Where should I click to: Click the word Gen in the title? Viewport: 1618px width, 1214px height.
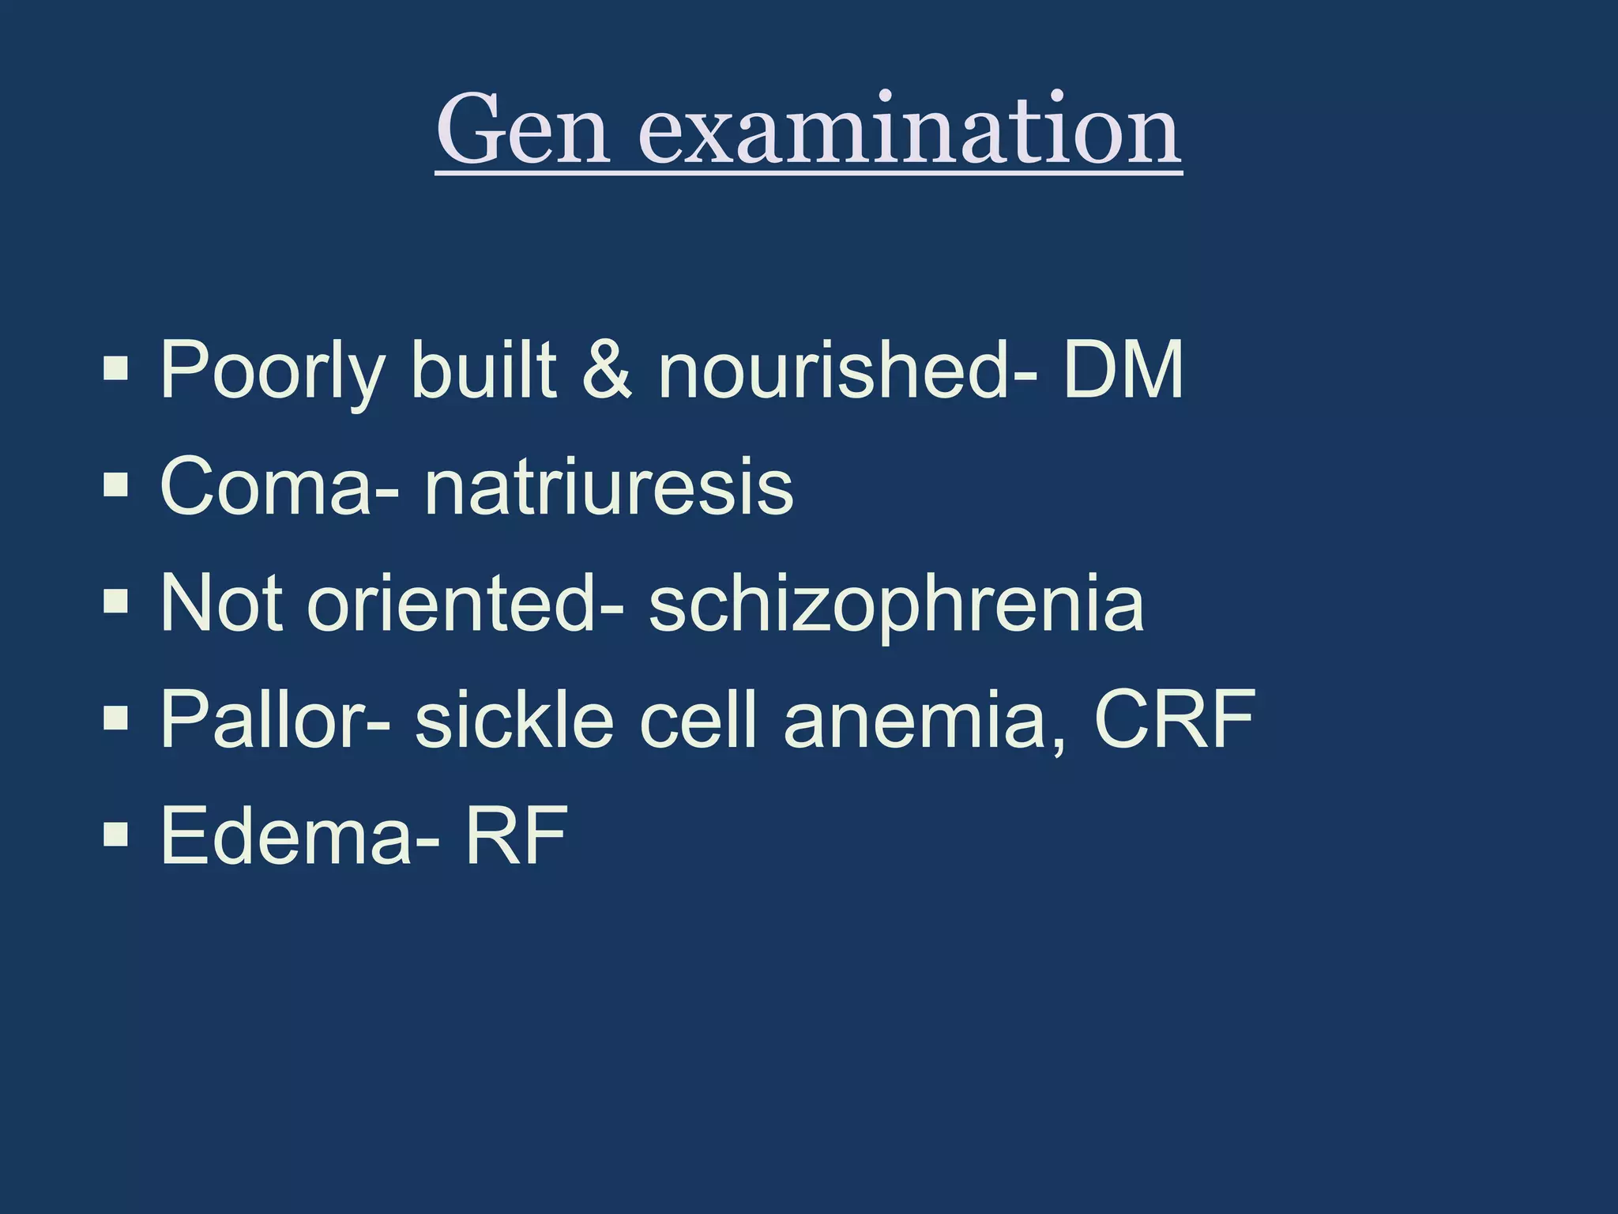pyautogui.click(x=522, y=130)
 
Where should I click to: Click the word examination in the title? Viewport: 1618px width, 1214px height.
pyautogui.click(x=909, y=130)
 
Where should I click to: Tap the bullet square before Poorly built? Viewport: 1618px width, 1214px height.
pyautogui.click(x=115, y=368)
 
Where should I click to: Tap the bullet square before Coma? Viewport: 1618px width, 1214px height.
pyautogui.click(x=115, y=485)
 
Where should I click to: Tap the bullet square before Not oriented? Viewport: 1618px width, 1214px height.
pyautogui.click(x=115, y=602)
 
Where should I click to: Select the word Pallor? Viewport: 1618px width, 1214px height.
pyautogui.click(x=265, y=719)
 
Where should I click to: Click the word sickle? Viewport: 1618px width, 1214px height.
pyautogui.click(x=514, y=719)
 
